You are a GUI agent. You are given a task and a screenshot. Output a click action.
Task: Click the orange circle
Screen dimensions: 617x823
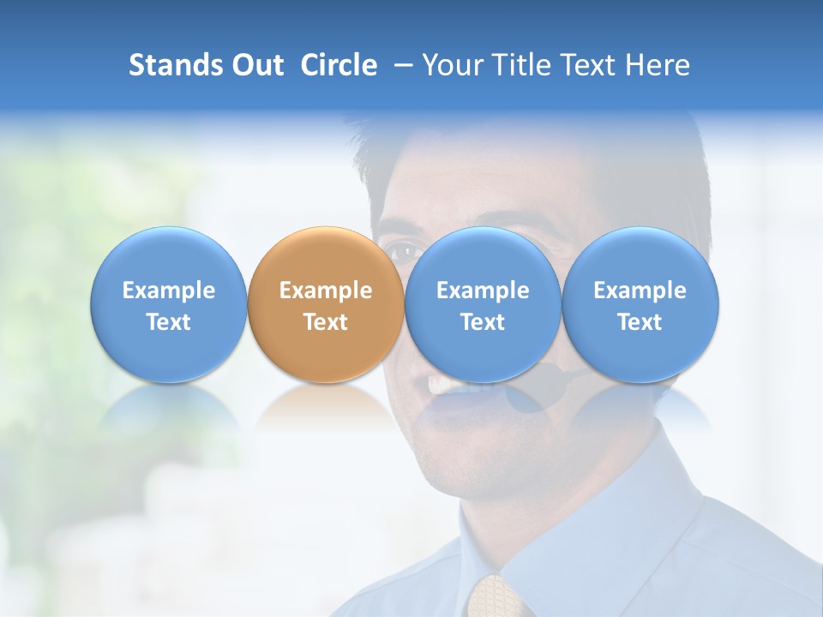click(325, 304)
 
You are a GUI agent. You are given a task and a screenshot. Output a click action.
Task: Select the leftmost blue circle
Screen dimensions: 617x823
click(168, 304)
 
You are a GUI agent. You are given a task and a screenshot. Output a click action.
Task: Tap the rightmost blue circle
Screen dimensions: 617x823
click(640, 304)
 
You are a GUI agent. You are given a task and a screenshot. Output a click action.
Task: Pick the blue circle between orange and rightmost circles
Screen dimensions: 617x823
click(482, 304)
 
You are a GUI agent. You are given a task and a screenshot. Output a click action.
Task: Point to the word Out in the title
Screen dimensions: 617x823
click(259, 65)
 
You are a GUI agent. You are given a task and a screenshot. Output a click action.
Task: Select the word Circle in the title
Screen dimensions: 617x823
click(339, 65)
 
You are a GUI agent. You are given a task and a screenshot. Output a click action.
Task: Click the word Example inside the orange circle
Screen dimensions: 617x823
click(326, 291)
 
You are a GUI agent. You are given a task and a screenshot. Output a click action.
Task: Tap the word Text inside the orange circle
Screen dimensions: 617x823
click(326, 322)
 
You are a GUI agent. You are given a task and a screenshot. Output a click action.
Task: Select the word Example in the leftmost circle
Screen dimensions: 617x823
click(169, 291)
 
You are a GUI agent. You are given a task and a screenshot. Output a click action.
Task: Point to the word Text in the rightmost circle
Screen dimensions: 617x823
click(640, 322)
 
